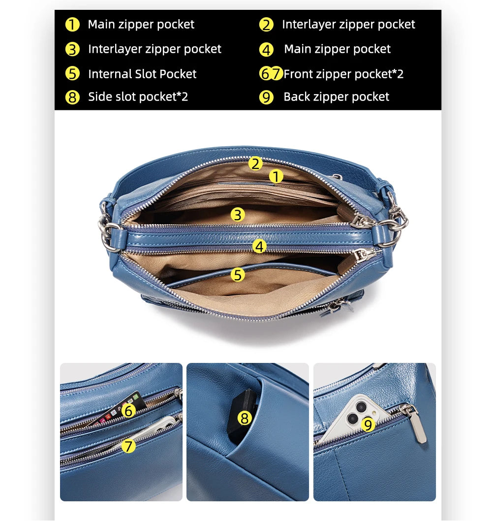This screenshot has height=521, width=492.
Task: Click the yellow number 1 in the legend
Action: pos(72,25)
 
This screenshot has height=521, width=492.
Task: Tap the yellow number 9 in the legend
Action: pos(266,97)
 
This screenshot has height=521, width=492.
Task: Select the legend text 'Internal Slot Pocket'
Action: pos(142,74)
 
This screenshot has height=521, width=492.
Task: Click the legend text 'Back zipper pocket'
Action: pos(337,97)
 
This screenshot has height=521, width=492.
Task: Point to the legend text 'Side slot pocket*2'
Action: pos(138,97)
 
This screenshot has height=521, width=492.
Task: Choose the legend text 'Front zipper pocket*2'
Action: pos(343,74)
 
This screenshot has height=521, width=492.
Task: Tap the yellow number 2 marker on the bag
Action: pos(255,163)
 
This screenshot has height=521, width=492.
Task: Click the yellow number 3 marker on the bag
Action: pos(238,215)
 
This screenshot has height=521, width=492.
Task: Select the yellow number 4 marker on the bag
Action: pos(259,247)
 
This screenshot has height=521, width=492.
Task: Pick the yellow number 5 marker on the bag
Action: pos(238,275)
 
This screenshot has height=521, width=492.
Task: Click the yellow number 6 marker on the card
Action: pos(129,411)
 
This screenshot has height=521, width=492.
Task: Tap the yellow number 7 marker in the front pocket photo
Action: pos(129,446)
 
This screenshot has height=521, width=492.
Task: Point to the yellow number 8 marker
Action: pos(245,418)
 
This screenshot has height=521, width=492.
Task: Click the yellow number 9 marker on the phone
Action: pos(368,424)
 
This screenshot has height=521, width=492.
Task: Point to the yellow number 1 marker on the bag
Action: pos(276,176)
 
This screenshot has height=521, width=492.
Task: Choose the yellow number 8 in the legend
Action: pos(72,97)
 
